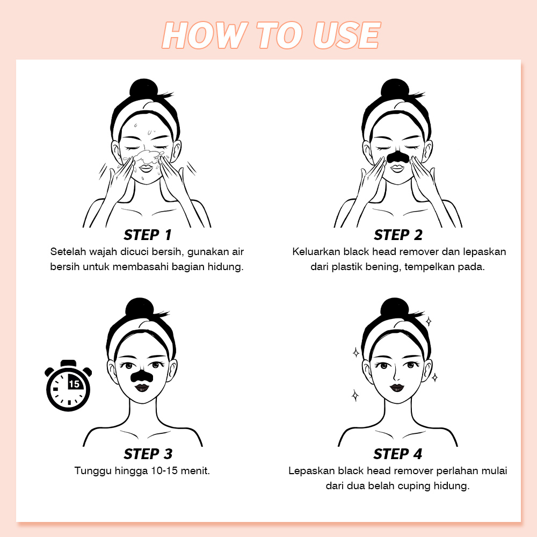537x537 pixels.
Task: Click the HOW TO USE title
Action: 271,35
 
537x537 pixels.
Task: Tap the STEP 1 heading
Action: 148,235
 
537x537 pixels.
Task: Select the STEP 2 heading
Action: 398,235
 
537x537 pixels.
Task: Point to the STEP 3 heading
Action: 148,454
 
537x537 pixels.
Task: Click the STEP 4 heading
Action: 397,454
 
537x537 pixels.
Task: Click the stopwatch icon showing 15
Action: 68,386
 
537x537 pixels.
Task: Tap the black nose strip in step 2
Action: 397,156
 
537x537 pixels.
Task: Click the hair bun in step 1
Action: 143,88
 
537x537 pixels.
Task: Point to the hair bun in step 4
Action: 395,307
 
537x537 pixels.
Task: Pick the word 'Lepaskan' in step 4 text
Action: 311,471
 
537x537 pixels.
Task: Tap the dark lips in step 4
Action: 397,388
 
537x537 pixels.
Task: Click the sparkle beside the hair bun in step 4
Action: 428,322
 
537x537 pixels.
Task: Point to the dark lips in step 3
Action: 141,388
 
